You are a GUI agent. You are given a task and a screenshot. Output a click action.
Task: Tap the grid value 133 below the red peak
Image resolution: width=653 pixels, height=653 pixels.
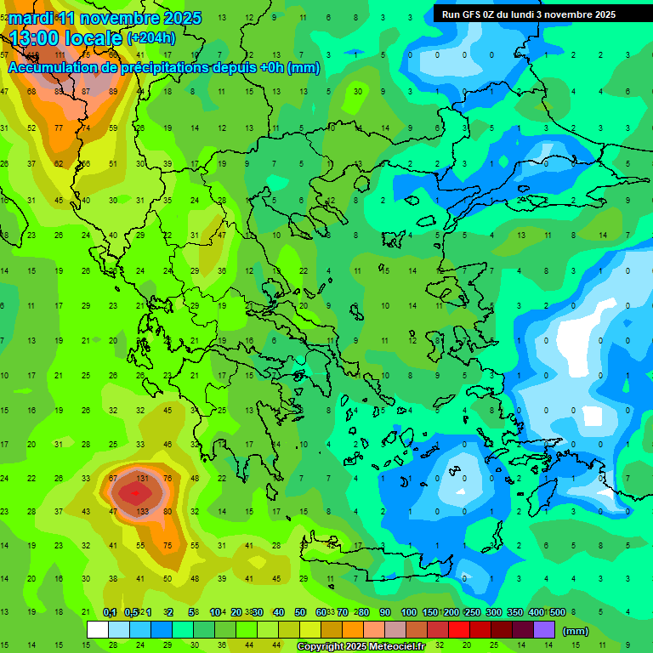click(x=142, y=512)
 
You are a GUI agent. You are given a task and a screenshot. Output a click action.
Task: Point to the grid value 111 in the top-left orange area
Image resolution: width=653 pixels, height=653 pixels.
click(x=60, y=55)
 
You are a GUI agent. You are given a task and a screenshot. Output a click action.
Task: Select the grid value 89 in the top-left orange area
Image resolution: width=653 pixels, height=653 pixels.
click(x=114, y=92)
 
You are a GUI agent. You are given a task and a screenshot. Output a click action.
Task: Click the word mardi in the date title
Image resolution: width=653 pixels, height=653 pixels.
click(x=31, y=18)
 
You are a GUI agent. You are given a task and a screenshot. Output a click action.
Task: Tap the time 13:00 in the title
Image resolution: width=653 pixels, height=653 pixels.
click(x=39, y=38)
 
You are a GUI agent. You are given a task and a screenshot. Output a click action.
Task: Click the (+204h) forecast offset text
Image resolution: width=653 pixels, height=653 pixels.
click(x=150, y=38)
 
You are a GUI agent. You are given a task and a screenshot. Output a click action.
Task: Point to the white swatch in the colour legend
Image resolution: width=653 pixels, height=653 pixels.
click(x=98, y=630)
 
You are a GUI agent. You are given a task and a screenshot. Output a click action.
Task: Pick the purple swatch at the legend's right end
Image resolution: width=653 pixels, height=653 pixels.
click(x=544, y=630)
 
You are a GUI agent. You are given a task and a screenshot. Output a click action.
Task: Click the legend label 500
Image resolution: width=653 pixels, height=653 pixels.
click(x=558, y=613)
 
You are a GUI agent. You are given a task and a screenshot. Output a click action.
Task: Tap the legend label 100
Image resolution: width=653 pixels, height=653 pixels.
click(x=409, y=613)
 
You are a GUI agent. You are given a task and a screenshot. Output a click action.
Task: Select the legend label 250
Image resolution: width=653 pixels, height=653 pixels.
click(x=472, y=613)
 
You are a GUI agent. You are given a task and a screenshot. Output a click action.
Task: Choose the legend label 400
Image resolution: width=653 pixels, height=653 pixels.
click(x=536, y=613)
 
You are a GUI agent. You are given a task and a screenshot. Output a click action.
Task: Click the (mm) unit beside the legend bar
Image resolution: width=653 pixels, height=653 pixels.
click(x=576, y=631)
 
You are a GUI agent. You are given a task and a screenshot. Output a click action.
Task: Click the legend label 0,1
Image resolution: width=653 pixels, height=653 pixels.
click(x=110, y=613)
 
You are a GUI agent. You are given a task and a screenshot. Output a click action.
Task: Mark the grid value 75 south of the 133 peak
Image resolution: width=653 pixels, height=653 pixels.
click(x=168, y=546)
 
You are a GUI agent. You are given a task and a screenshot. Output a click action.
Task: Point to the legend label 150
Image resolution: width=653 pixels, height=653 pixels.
click(x=430, y=613)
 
